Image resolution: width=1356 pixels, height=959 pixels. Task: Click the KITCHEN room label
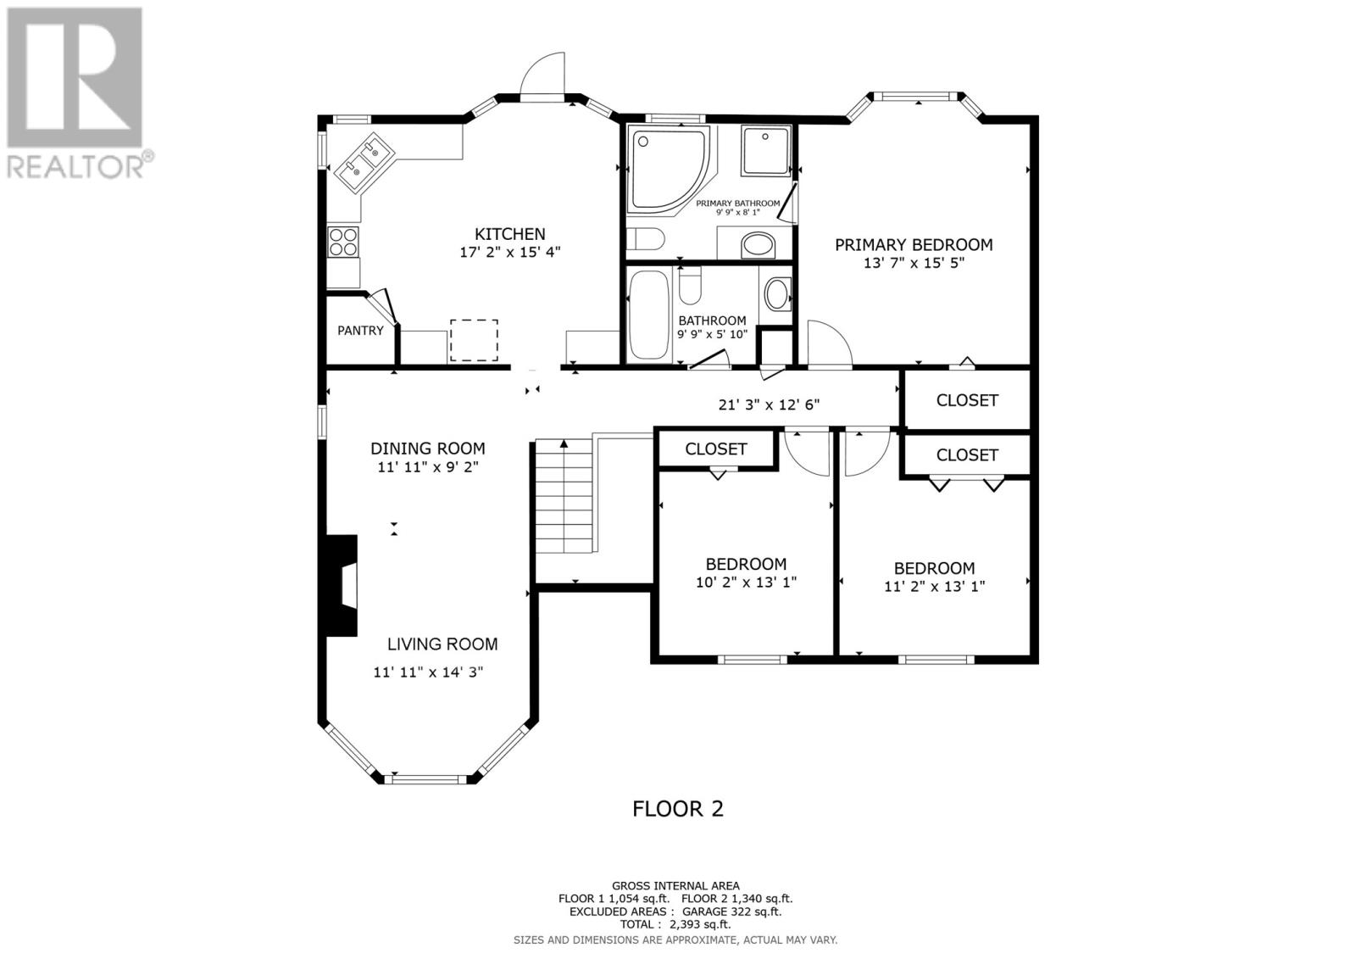point(509,234)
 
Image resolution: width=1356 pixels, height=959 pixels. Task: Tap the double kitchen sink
point(364,163)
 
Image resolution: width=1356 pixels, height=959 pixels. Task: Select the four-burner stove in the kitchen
point(343,242)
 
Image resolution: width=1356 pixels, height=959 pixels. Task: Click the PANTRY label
point(360,330)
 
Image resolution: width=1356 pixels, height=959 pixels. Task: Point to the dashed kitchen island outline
point(474,340)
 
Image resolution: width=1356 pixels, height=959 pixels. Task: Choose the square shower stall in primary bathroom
point(766,151)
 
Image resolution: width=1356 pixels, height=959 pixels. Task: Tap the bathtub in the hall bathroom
point(649,315)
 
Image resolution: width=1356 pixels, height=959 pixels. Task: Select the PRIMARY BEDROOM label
point(914,245)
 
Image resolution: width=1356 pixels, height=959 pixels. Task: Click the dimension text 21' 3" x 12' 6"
point(769,404)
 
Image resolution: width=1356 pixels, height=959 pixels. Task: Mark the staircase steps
point(564,495)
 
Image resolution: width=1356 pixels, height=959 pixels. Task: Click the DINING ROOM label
point(427,449)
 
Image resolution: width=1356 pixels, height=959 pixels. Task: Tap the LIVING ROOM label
point(442,644)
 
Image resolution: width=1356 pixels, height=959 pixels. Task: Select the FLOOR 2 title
point(678,809)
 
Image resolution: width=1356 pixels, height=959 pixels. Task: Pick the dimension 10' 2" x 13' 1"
point(746,583)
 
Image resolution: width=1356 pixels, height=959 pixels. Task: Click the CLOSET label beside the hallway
point(967,400)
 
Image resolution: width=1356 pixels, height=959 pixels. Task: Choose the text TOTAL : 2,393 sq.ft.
point(675,924)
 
